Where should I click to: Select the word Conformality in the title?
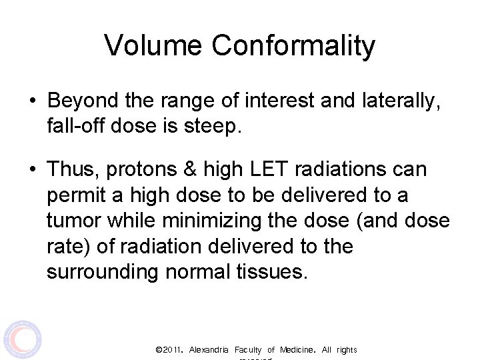[x=293, y=46]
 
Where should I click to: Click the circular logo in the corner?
[x=22, y=339]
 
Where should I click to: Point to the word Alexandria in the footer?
[x=209, y=350]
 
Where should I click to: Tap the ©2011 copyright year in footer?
[x=169, y=350]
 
